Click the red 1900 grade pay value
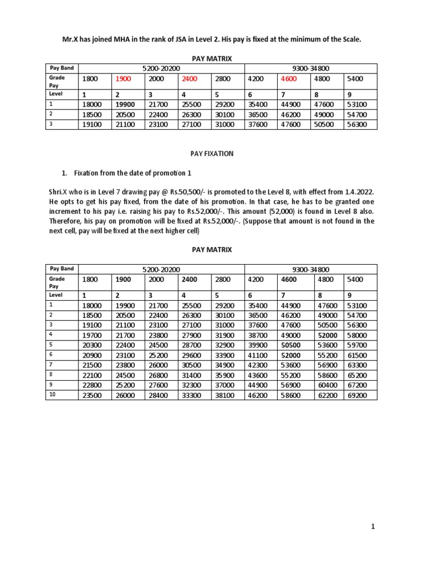[x=123, y=79]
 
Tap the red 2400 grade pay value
[x=189, y=79]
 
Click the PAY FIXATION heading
[x=212, y=154]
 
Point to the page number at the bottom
[x=373, y=527]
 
